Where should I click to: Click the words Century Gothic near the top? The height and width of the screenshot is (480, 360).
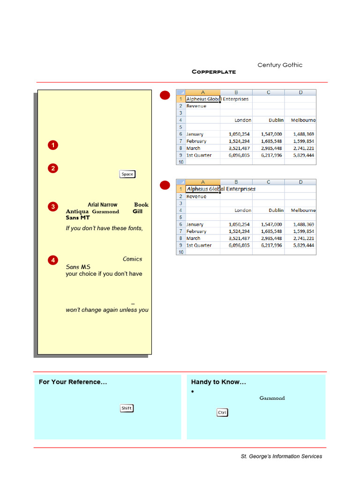pyautogui.click(x=280, y=65)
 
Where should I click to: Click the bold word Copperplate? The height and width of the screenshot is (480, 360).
pyautogui.click(x=214, y=72)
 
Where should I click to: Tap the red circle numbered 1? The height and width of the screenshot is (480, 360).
pyautogui.click(x=53, y=145)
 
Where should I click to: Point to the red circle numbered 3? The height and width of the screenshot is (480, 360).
pyautogui.click(x=53, y=207)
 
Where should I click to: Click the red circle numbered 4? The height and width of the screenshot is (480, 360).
pyautogui.click(x=53, y=260)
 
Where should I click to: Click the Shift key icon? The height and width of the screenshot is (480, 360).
pyautogui.click(x=127, y=408)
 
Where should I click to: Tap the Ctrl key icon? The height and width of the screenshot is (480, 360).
pyautogui.click(x=222, y=412)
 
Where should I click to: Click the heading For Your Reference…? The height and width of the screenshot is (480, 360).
pyautogui.click(x=73, y=382)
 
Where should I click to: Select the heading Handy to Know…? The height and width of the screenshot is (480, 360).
pyautogui.click(x=218, y=382)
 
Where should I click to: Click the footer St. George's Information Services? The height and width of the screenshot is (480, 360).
pyautogui.click(x=281, y=456)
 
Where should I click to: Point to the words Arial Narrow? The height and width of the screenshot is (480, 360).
pyautogui.click(x=102, y=205)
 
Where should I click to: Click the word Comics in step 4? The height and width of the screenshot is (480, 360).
pyautogui.click(x=132, y=259)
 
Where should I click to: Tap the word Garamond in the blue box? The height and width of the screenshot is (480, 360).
pyautogui.click(x=272, y=398)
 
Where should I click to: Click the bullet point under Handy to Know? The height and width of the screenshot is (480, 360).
pyautogui.click(x=193, y=391)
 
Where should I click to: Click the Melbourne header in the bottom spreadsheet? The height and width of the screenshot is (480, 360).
pyautogui.click(x=303, y=210)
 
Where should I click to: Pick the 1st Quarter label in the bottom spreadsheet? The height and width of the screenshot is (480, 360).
pyautogui.click(x=199, y=245)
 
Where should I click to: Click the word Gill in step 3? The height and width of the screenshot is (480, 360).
pyautogui.click(x=137, y=211)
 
